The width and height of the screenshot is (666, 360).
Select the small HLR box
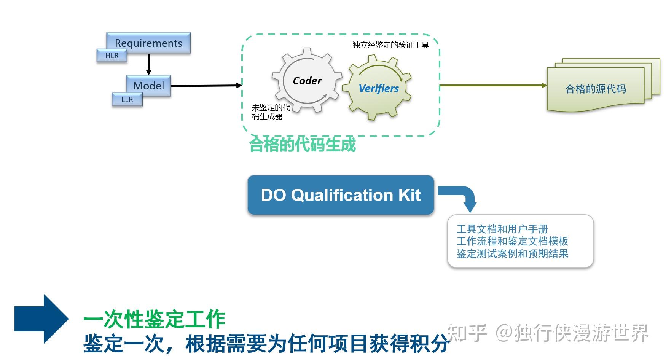pos(112,56)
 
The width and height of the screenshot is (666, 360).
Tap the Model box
pos(148,85)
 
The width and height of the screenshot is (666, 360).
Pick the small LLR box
pos(127,99)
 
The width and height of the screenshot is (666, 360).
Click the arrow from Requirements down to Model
pos(148,64)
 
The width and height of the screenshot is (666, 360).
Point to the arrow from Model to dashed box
pos(206,86)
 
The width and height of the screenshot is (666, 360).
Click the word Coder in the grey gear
pos(307,81)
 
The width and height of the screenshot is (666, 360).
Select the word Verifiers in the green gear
pos(378,88)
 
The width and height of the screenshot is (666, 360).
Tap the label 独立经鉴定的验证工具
pos(390,45)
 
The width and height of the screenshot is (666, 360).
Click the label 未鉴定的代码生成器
pos(270,112)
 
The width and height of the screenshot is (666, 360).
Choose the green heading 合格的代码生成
pos(302,145)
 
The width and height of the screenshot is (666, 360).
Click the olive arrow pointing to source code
pos(493,86)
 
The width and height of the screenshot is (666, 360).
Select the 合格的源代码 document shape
pos(595,89)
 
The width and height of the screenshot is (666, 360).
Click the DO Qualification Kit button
pos(341,195)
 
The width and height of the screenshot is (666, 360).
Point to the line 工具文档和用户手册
pos(502,229)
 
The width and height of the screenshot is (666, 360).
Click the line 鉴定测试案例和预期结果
pos(512,254)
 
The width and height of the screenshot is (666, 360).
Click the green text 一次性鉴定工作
pos(154,319)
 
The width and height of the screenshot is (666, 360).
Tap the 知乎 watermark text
pos(467,333)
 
